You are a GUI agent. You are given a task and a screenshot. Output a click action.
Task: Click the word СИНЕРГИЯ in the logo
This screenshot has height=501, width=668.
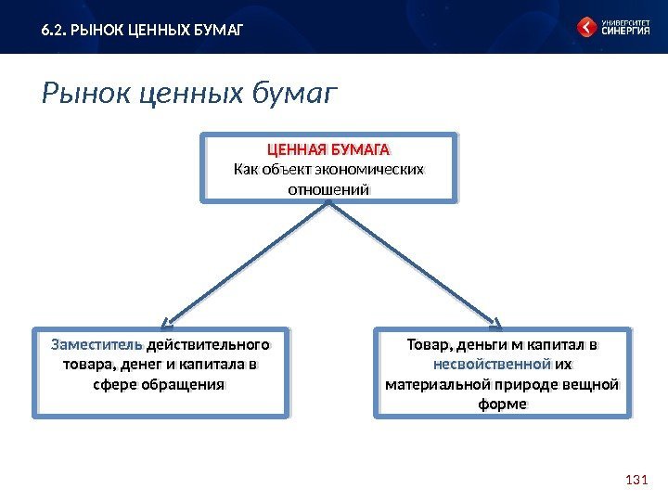click(x=624, y=32)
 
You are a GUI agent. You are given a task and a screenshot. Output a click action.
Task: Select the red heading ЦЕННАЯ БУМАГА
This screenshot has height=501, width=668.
click(x=329, y=150)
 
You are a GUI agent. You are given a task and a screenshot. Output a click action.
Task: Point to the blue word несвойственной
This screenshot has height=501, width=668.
click(x=492, y=364)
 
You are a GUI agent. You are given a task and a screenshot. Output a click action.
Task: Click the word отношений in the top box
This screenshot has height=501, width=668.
click(x=329, y=188)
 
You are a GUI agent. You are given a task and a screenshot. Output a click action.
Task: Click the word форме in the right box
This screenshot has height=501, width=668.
click(x=502, y=404)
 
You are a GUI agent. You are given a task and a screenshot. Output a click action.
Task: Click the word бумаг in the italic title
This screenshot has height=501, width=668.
click(x=293, y=94)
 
